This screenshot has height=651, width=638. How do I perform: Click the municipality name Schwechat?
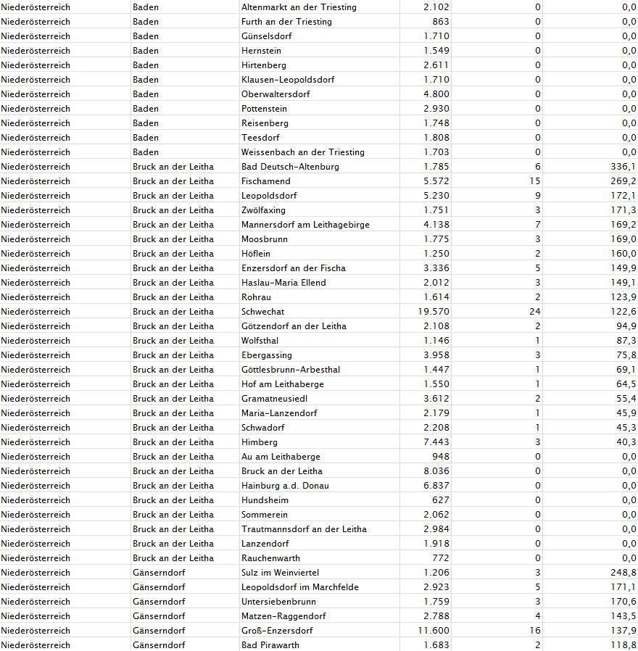(x=262, y=312)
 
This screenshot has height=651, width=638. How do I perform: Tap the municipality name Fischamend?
(x=265, y=181)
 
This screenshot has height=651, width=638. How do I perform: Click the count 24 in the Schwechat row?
(x=535, y=312)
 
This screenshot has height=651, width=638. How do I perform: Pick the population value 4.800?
(x=436, y=94)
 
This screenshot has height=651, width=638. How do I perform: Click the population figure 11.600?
(x=434, y=631)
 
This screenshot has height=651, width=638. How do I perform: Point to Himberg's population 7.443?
(x=436, y=442)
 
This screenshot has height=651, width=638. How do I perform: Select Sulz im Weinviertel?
(x=280, y=573)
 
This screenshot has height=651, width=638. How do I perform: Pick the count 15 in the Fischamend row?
(x=535, y=181)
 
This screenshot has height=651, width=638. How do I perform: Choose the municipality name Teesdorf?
(x=260, y=138)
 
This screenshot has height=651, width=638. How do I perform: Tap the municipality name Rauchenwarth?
(x=270, y=558)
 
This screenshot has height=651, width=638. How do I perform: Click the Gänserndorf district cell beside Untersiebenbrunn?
(x=159, y=602)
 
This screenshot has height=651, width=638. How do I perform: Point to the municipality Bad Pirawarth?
(x=270, y=645)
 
